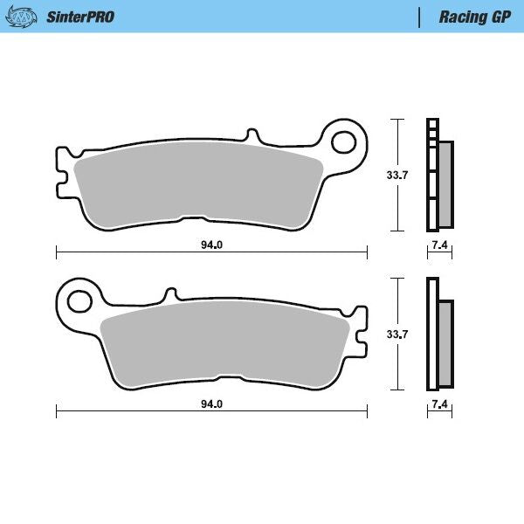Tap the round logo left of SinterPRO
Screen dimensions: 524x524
pos(24,17)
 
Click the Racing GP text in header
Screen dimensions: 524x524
pos(474,17)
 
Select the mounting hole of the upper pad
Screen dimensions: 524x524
pos(346,142)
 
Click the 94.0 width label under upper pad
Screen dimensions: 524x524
pos(211,245)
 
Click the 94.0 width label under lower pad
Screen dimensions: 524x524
pos(211,404)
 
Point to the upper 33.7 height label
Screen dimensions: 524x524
pos(397,176)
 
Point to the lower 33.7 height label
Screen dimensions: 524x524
pos(397,334)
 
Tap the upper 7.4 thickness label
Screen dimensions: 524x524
pos(439,245)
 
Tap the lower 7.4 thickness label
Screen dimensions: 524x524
pos(439,404)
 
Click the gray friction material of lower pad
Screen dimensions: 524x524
pos(225,344)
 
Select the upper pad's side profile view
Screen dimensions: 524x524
pos(438,175)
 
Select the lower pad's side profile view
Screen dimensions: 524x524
pos(438,334)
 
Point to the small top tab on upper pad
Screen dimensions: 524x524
pos(252,137)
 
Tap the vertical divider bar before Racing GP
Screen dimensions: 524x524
pos(422,17)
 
